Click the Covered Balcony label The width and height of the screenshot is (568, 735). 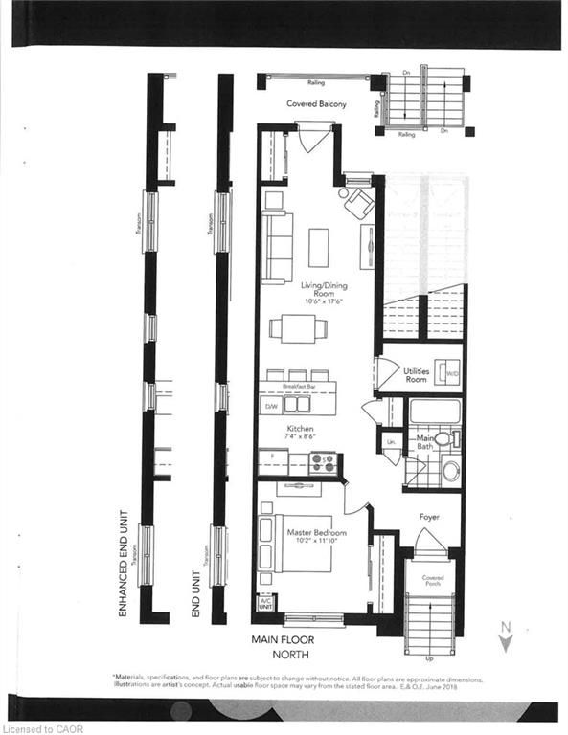(315, 104)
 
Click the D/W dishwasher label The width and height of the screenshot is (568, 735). (269, 407)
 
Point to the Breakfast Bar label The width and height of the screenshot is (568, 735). (298, 386)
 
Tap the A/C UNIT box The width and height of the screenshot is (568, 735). (265, 605)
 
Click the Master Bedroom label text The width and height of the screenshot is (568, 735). (316, 532)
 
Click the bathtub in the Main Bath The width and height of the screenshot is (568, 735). (435, 412)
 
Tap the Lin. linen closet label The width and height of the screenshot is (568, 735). (391, 443)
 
